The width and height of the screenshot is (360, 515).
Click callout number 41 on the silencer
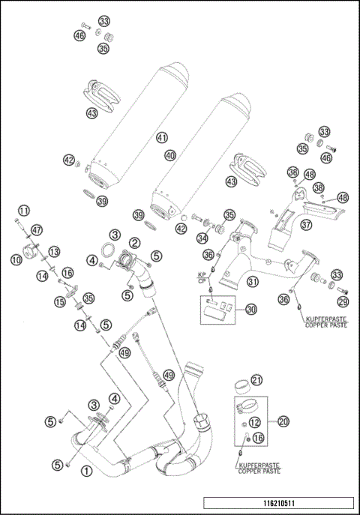[161, 138]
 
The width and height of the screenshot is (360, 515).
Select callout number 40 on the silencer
[171, 155]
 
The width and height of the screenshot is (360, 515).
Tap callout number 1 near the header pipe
[86, 471]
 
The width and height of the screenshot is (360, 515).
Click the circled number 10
[16, 259]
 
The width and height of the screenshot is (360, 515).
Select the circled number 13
[53, 252]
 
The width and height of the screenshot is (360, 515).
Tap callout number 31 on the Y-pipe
[253, 282]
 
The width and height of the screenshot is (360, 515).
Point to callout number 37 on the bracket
[306, 224]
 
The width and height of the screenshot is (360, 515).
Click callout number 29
[343, 301]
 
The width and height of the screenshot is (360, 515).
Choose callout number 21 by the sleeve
[256, 380]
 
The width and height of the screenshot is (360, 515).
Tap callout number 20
[283, 422]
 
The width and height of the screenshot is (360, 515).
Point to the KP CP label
[202, 277]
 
